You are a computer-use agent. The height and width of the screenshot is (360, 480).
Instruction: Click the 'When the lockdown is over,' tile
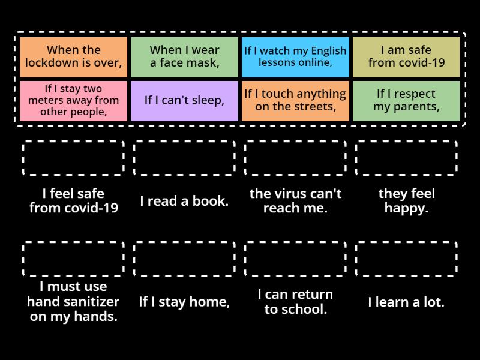[73, 57]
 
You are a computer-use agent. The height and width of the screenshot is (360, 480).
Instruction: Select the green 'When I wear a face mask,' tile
[184, 57]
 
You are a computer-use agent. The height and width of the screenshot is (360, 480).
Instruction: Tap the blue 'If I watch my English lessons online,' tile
[295, 57]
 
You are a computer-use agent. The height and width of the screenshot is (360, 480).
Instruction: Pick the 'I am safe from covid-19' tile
[406, 57]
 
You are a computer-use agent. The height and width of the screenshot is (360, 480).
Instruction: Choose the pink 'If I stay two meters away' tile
[73, 101]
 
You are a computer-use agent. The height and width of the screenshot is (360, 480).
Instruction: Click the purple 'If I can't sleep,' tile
[184, 101]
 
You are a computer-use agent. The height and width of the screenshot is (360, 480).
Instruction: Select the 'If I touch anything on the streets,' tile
[295, 101]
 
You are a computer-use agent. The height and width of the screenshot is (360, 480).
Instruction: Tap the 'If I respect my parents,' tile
[406, 101]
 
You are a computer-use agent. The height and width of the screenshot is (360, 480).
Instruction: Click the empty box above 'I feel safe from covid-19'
[73, 158]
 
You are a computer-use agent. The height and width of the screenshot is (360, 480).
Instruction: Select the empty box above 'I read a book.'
[184, 158]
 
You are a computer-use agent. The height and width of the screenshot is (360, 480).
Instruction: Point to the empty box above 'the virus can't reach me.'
[295, 158]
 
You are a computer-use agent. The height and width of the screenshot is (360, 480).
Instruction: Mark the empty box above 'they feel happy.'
[406, 158]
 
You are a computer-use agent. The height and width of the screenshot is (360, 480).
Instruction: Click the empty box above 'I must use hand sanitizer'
[73, 259]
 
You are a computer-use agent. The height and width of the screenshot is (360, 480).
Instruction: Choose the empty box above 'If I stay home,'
[184, 259]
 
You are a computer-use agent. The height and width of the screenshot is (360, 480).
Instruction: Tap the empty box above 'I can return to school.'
[295, 259]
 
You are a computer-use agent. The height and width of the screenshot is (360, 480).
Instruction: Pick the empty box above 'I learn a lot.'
[406, 259]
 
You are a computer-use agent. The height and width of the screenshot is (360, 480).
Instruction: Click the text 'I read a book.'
[184, 201]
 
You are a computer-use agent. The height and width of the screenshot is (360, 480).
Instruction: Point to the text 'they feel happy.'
[406, 201]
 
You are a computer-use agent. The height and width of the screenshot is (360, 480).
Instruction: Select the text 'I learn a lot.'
[406, 302]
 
